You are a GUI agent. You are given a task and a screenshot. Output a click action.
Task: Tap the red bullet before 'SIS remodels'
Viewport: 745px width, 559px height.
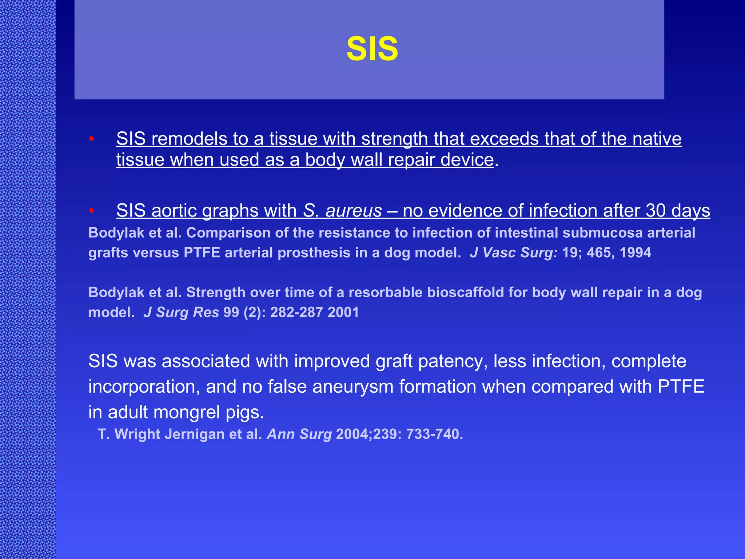click(x=92, y=139)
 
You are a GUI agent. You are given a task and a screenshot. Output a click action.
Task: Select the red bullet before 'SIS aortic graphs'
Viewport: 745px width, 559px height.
click(x=92, y=210)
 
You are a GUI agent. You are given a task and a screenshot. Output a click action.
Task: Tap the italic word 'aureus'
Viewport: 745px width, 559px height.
click(x=354, y=211)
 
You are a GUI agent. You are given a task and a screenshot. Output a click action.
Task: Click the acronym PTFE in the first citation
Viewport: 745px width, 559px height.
click(x=202, y=253)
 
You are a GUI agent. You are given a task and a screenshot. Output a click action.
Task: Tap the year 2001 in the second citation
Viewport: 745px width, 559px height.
click(x=343, y=313)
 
